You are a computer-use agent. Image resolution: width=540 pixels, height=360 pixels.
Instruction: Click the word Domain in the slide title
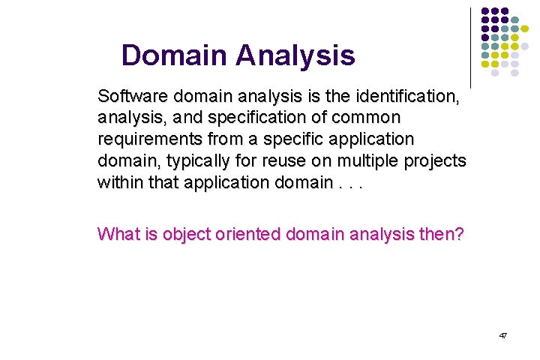coord(172,55)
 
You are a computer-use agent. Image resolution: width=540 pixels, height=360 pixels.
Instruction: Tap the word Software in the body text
coord(132,97)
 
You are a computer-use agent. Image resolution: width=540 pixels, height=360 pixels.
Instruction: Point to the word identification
coord(416,97)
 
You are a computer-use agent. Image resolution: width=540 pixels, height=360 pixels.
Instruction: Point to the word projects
coord(439,162)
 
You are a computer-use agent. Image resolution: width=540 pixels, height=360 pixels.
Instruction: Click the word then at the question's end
coord(442,234)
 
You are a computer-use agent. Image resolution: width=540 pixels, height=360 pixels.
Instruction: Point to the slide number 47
coord(502,336)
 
